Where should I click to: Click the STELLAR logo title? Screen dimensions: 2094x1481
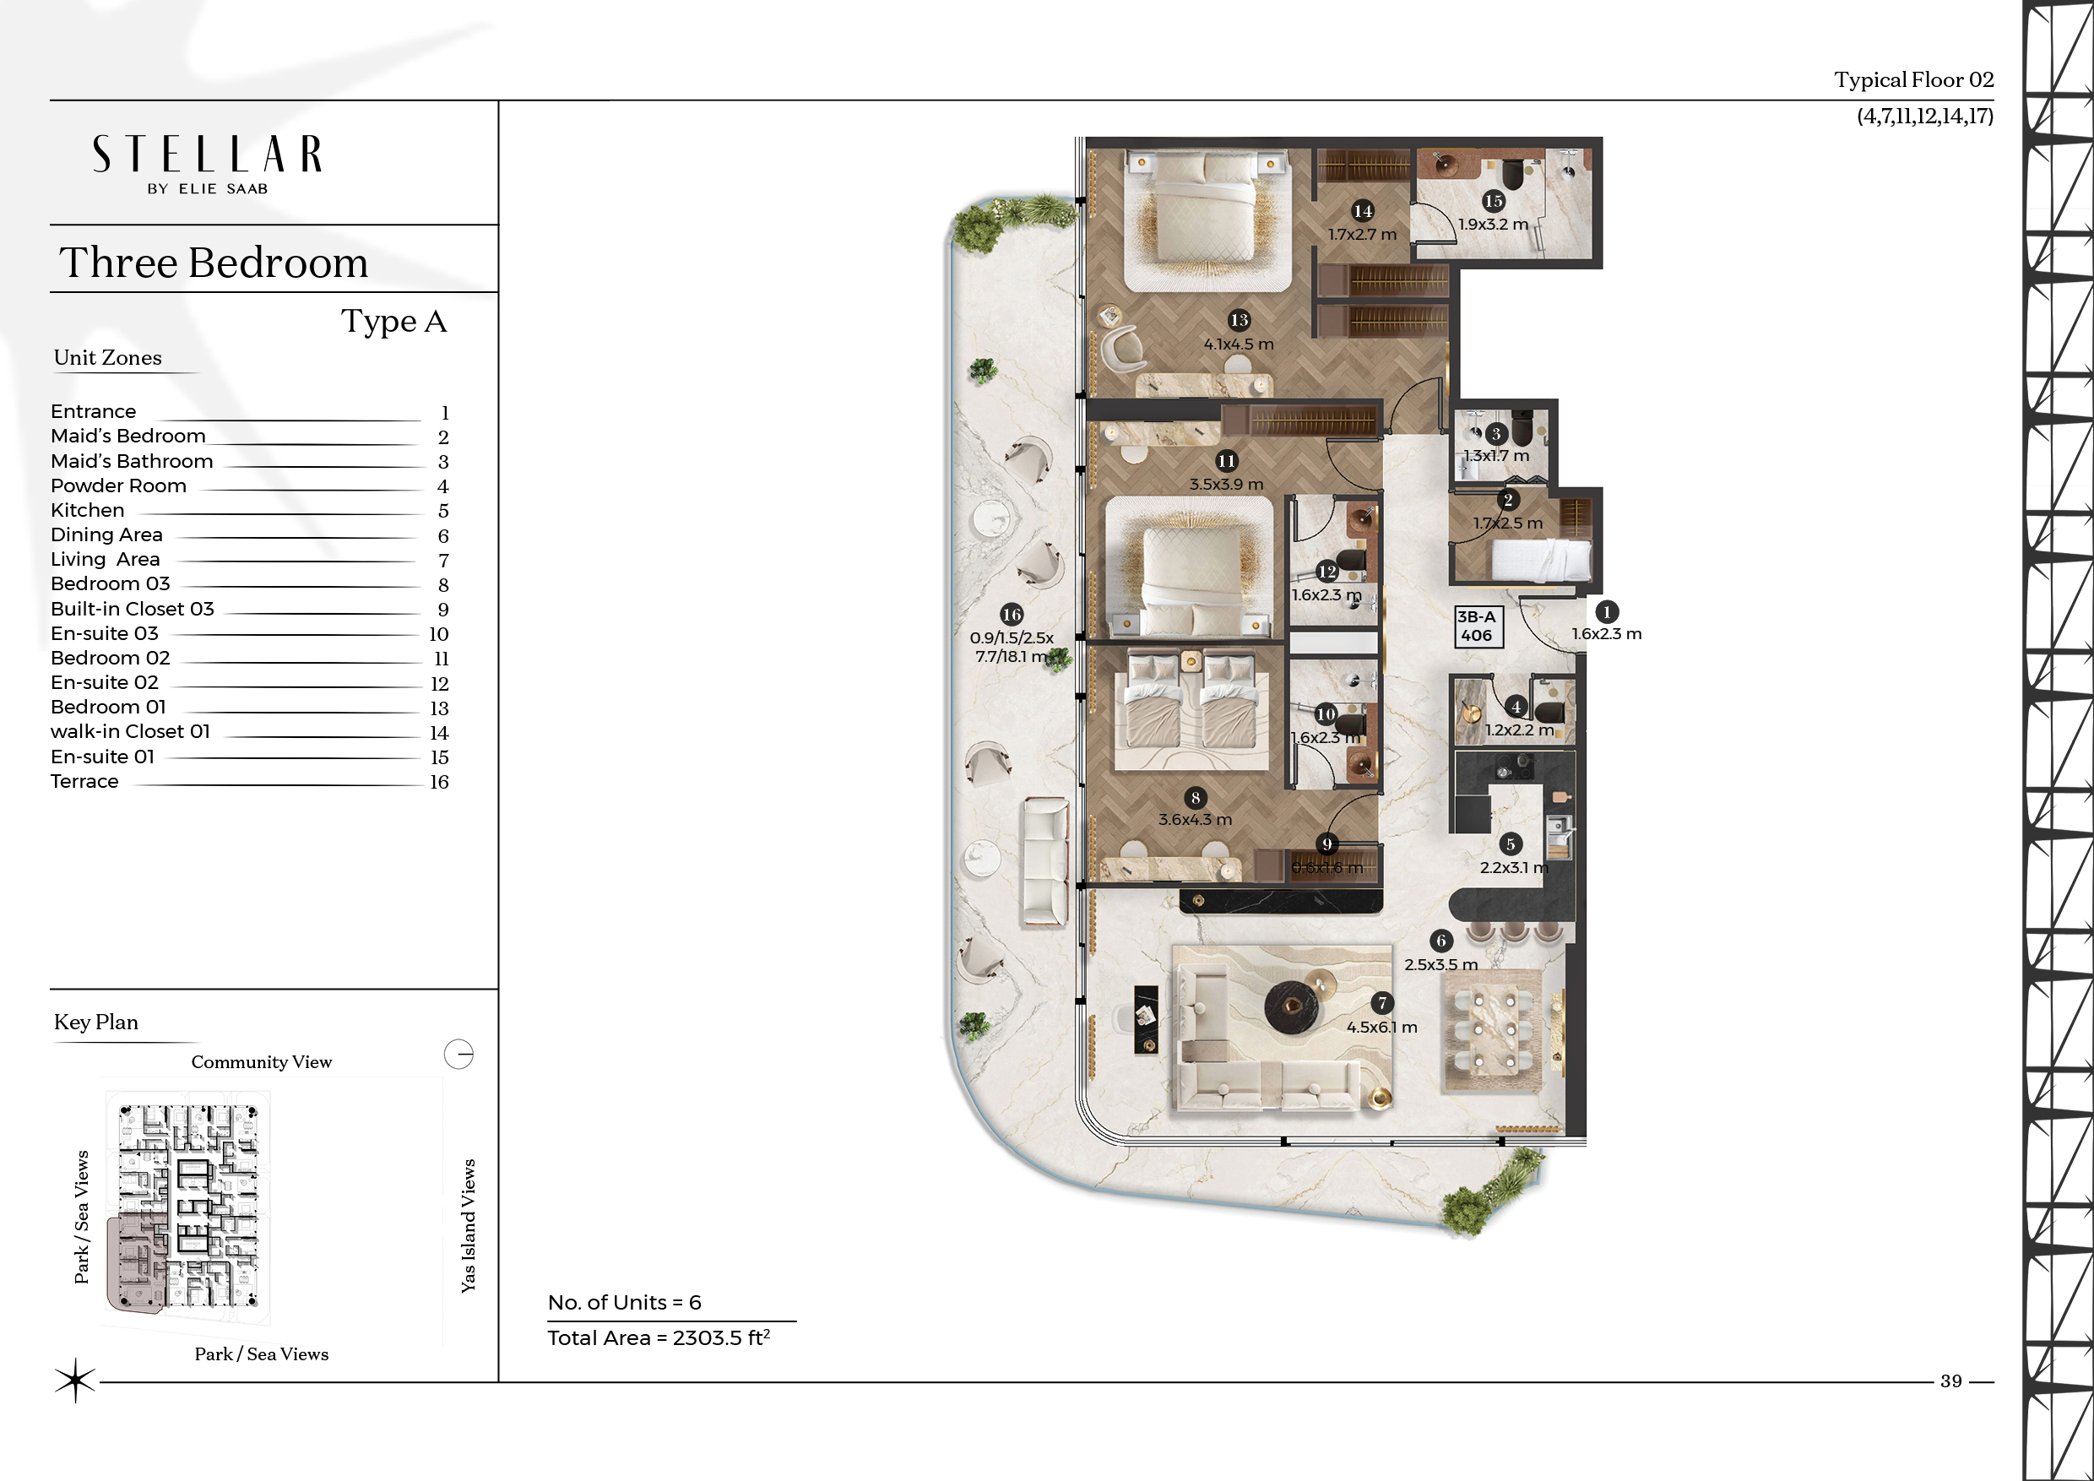coord(207,155)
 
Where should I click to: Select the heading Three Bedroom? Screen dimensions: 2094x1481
coord(214,263)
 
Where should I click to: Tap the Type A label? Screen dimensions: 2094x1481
coord(394,322)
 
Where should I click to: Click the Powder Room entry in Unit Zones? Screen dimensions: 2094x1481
coord(118,486)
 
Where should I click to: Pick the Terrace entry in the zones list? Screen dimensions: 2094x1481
coord(84,782)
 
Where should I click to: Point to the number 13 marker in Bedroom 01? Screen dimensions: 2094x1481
coord(1239,320)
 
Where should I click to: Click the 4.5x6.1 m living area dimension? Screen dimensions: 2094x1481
coord(1381,1027)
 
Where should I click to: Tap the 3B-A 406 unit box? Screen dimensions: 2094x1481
coord(1478,627)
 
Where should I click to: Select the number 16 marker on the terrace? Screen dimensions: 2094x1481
coord(1012,615)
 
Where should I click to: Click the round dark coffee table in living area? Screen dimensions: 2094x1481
coord(1291,1006)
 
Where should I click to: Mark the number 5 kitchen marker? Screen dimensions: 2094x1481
coord(1511,844)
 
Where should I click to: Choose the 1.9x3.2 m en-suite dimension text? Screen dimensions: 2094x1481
coord(1493,225)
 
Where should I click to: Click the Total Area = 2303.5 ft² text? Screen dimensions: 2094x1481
coord(659,1337)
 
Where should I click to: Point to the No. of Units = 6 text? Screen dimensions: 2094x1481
coord(625,1302)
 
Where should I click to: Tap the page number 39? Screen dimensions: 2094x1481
coord(1950,1381)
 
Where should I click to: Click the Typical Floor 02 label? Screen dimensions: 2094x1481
coord(1913,80)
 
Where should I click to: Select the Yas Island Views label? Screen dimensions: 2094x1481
coord(469,1226)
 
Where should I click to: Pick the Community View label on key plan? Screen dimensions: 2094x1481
coord(262,1062)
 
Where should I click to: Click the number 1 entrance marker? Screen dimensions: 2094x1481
coord(1607,612)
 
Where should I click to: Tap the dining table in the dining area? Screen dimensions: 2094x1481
coord(1492,1030)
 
